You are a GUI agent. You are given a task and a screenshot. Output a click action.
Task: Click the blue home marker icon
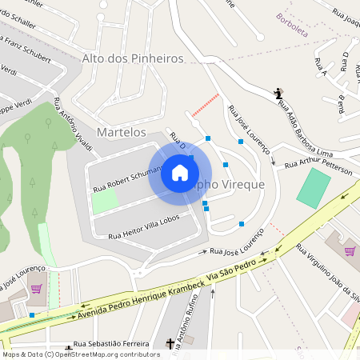[180, 172]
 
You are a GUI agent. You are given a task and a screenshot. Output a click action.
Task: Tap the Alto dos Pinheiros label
[133, 58]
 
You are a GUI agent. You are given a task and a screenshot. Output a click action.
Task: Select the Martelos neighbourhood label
[121, 131]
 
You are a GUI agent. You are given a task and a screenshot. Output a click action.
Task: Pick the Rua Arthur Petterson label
[315, 164]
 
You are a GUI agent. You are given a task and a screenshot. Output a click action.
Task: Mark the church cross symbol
[170, 344]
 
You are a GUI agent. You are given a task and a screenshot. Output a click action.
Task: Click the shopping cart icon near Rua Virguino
[350, 250]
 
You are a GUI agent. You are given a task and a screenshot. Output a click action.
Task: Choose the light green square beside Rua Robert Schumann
[103, 200]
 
